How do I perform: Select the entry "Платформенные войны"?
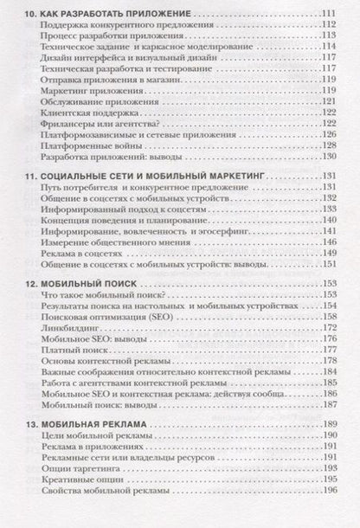tap(93, 147)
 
